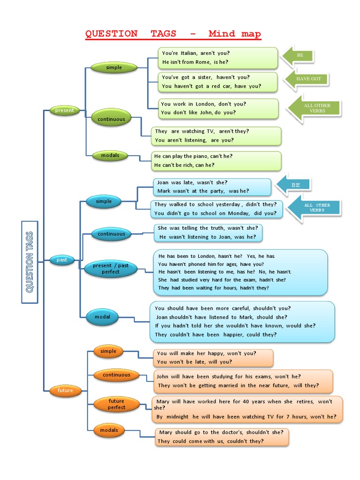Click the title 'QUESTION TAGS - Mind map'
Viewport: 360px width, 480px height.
[x=173, y=34]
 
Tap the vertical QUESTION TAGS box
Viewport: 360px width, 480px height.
[x=30, y=262]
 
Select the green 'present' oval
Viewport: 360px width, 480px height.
[x=65, y=111]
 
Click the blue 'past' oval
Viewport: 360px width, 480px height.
[x=62, y=260]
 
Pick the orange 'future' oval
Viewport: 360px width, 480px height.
[x=65, y=390]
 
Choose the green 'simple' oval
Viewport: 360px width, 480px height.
[x=113, y=67]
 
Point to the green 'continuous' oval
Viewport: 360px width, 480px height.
[x=111, y=119]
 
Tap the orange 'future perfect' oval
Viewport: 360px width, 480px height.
[x=116, y=404]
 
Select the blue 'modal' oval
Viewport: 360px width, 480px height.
[x=102, y=317]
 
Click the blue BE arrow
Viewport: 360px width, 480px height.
[x=293, y=185]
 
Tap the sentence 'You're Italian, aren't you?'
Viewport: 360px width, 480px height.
[x=196, y=53]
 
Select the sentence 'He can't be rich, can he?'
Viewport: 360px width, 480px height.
[x=184, y=165]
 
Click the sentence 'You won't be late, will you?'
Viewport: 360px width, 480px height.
[x=194, y=362]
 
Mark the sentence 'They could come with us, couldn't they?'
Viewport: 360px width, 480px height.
[x=210, y=441]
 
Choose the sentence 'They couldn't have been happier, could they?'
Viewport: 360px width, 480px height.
[x=216, y=334]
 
